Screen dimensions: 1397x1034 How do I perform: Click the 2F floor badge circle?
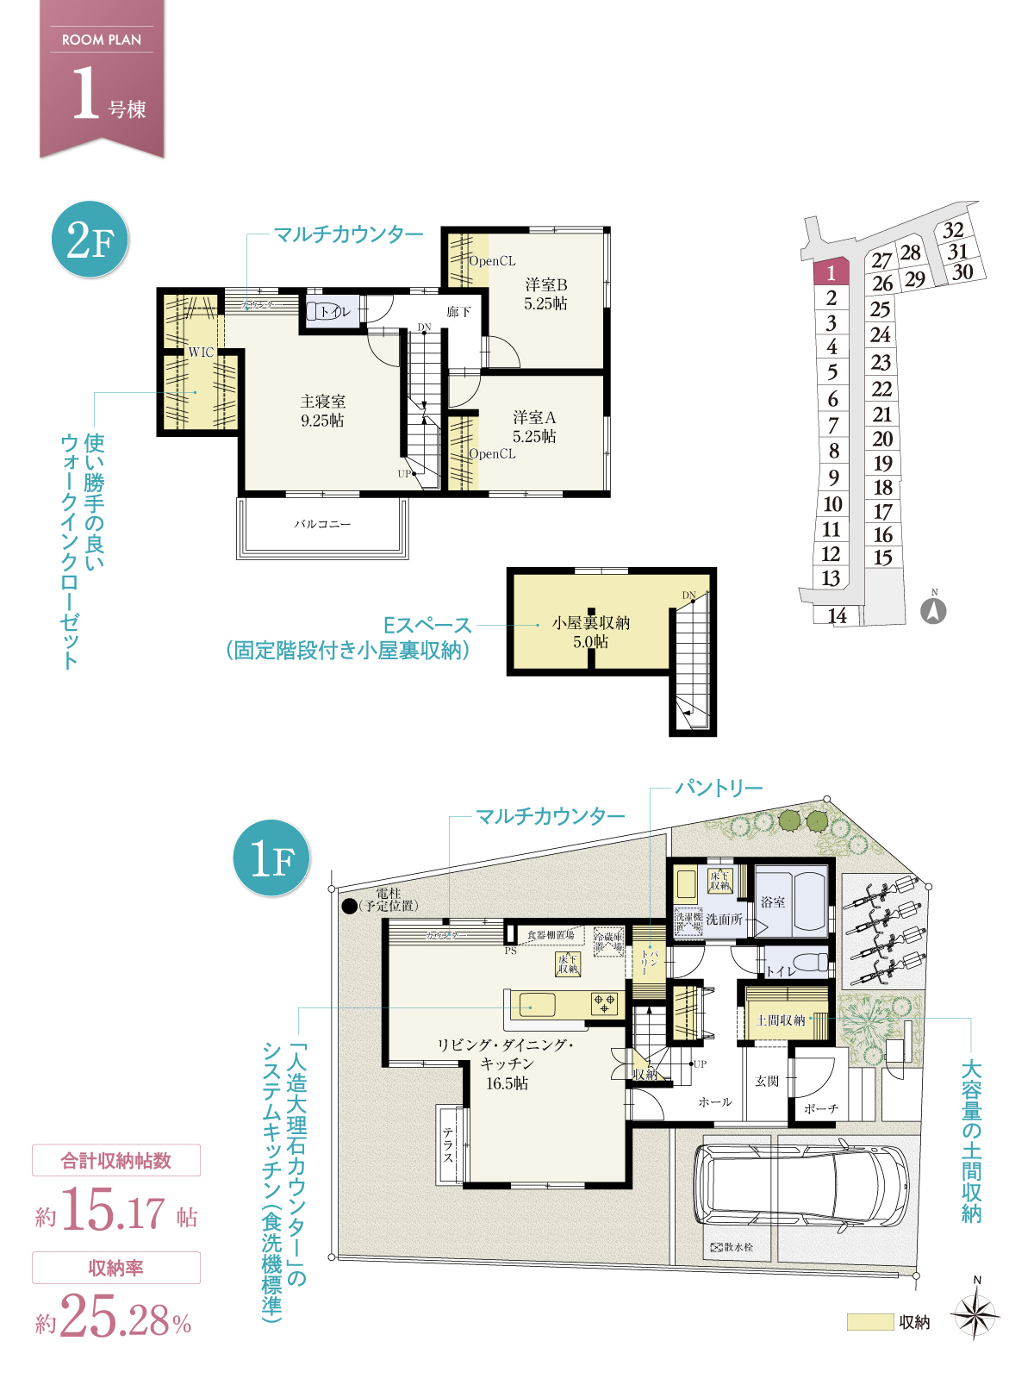(90, 239)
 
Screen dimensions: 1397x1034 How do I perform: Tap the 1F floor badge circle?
(271, 858)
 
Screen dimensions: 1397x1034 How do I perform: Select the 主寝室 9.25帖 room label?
(322, 411)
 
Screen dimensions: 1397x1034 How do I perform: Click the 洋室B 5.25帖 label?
(545, 294)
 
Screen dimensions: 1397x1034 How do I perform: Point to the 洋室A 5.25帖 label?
(534, 427)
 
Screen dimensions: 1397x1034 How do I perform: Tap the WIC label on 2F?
(201, 352)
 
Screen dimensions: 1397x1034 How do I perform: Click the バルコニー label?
(322, 524)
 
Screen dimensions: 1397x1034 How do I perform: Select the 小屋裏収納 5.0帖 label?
(590, 632)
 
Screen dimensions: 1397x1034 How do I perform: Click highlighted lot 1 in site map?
(832, 273)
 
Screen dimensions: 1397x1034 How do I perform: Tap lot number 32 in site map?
(953, 230)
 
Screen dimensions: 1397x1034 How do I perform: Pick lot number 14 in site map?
(837, 615)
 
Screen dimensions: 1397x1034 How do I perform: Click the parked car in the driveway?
(801, 1185)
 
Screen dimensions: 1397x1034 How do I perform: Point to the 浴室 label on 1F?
(773, 901)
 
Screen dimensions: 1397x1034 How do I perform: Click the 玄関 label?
(767, 1081)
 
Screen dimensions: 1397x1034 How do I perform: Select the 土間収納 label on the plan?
(780, 1020)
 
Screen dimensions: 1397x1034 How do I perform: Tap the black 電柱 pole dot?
(349, 906)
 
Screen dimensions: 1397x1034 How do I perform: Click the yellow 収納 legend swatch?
(869, 1321)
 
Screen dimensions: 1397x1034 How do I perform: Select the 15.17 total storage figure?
(113, 1211)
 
